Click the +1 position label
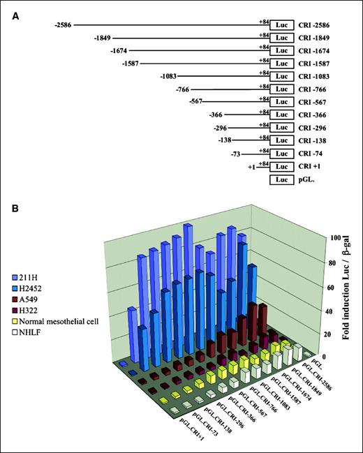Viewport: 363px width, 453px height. tap(252, 168)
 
